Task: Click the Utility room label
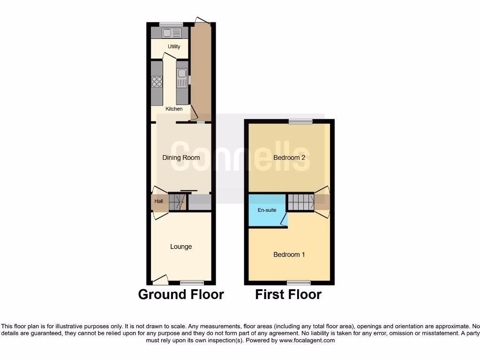[174, 47]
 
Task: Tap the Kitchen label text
[174, 109]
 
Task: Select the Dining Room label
[181, 157]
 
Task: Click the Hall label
[159, 202]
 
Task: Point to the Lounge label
[181, 247]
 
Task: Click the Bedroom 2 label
[289, 157]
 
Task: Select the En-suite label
[267, 210]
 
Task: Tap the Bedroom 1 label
[289, 255]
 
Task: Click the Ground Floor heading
[181, 294]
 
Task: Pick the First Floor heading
[288, 294]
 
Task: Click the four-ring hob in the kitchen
[157, 82]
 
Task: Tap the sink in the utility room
[172, 33]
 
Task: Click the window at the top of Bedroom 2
[300, 121]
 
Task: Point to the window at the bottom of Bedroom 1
[299, 283]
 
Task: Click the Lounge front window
[192, 283]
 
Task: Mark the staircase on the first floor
[300, 202]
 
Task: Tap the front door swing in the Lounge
[160, 280]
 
